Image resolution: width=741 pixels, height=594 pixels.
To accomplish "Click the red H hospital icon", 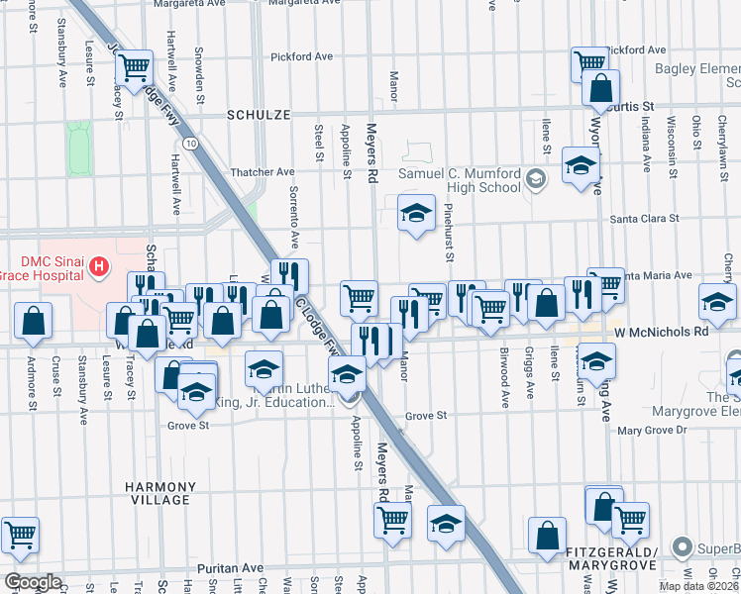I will pyautogui.click(x=98, y=265).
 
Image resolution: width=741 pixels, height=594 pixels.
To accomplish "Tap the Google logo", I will pyautogui.click(x=33, y=582).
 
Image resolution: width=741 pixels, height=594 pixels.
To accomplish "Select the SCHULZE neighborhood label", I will pyautogui.click(x=258, y=115).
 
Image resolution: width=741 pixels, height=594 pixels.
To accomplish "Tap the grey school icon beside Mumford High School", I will pyautogui.click(x=536, y=179).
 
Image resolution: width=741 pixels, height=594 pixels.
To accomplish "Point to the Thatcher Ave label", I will pyautogui.click(x=263, y=171).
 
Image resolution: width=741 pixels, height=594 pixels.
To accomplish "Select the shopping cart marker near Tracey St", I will pyautogui.click(x=133, y=68).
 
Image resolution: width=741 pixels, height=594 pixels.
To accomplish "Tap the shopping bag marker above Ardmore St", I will pyautogui.click(x=34, y=321).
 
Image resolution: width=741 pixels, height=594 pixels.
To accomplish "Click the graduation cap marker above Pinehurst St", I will pyautogui.click(x=417, y=212).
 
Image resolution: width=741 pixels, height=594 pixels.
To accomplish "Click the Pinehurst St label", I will pyautogui.click(x=448, y=234).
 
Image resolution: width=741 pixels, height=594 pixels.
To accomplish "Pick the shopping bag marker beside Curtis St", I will pyautogui.click(x=601, y=89).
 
